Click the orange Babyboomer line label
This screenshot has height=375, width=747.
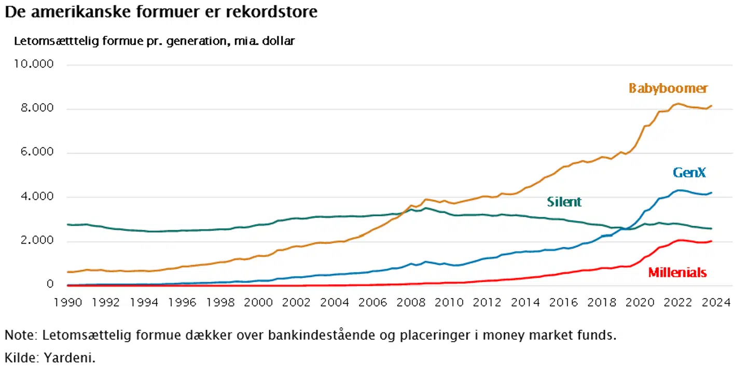[668, 88]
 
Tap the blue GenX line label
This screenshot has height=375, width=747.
[689, 173]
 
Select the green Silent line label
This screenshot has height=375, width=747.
[564, 202]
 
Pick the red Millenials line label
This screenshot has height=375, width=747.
[677, 272]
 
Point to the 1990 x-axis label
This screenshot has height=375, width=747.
[68, 302]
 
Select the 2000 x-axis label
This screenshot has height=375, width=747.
[258, 302]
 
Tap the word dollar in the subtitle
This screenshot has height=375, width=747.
[278, 41]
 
